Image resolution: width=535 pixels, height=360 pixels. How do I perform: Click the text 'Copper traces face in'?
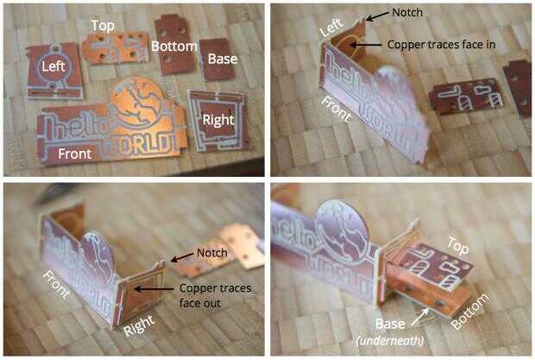click(441, 44)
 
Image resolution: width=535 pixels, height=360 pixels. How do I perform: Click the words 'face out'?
click(200, 303)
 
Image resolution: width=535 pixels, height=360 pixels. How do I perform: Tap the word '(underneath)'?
click(390, 340)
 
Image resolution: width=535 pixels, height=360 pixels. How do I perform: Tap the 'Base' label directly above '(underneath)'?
click(390, 324)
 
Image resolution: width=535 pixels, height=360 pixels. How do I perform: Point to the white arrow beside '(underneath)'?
click(420, 316)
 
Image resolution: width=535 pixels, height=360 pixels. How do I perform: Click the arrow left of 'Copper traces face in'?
click(366, 44)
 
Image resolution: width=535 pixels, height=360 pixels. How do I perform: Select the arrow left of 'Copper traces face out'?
click(154, 289)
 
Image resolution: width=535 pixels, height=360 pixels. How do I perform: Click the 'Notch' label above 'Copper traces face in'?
click(407, 13)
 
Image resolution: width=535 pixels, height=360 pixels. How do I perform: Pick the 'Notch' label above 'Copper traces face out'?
click(212, 253)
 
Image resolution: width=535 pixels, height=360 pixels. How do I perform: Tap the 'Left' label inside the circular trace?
click(53, 66)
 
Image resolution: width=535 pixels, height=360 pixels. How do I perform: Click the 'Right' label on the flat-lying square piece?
click(218, 120)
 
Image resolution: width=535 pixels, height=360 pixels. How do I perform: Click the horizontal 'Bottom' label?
click(174, 46)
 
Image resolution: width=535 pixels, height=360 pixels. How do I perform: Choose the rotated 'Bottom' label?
click(469, 311)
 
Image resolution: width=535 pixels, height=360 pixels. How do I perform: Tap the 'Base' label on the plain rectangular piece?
click(223, 59)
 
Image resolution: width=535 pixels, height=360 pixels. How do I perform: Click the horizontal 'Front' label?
click(75, 154)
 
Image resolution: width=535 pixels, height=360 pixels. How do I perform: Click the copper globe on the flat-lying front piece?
click(137, 100)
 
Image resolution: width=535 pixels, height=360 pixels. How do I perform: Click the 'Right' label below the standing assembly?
click(139, 325)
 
